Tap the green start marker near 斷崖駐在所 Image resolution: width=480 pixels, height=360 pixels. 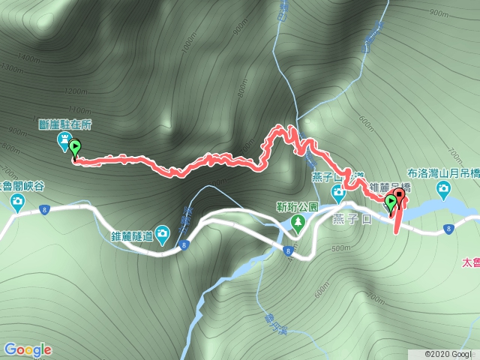75,148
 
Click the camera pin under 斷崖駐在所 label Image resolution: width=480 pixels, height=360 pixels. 63,140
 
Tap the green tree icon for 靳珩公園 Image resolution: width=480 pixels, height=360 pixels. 298,221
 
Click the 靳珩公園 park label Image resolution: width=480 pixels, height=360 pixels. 298,205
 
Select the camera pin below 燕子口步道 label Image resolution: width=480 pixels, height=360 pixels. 338,193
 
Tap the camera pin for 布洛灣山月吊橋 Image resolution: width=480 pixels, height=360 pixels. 444,187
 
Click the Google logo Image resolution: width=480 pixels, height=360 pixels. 28,349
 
